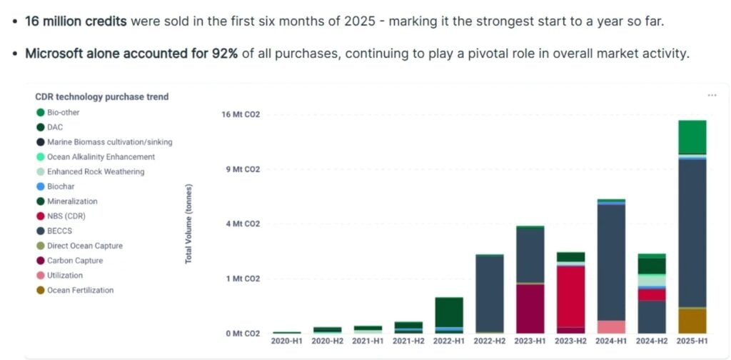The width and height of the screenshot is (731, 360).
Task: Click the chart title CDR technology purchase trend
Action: pyautogui.click(x=102, y=96)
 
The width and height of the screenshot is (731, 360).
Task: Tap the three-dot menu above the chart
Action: pyautogui.click(x=712, y=95)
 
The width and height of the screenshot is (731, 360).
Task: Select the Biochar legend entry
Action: pyautogui.click(x=61, y=186)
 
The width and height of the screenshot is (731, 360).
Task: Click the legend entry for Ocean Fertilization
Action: pyautogui.click(x=80, y=290)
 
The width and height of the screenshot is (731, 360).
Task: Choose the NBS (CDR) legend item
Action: pyautogui.click(x=66, y=216)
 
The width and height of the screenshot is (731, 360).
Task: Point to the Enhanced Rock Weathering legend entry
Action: pyautogui.click(x=96, y=171)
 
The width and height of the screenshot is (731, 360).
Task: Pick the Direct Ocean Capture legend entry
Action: pyautogui.click(x=84, y=246)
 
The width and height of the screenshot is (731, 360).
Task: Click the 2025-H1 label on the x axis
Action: pyautogui.click(x=692, y=341)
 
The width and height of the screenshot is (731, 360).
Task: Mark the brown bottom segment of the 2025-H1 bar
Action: pyautogui.click(x=692, y=321)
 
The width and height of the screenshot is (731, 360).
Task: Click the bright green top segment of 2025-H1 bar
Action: pyautogui.click(x=692, y=137)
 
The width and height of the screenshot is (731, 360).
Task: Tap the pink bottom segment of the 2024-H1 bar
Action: pyautogui.click(x=611, y=327)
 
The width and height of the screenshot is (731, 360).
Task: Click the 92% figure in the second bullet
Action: pyautogui.click(x=223, y=54)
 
